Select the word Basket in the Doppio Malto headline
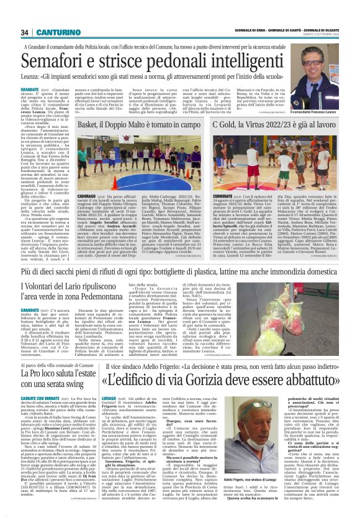tap(93, 126)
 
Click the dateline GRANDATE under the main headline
tap(32, 89)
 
